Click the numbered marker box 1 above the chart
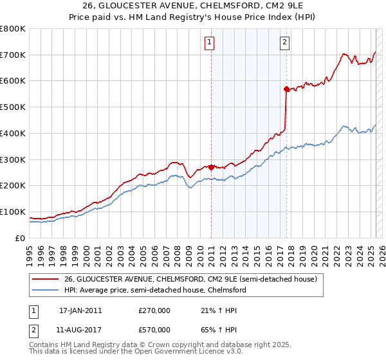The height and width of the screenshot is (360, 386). (210, 43)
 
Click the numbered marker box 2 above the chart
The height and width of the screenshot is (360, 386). (284, 43)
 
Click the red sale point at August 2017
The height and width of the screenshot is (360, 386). (286, 89)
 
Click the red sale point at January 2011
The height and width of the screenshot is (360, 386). (211, 167)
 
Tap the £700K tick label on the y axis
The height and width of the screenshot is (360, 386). (13, 55)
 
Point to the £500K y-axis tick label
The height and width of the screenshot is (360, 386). (13, 107)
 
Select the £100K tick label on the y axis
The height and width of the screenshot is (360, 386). (13, 212)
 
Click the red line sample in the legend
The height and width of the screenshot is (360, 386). (44, 280)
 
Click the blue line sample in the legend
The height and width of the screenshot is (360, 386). (44, 290)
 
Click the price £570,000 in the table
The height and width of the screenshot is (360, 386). (154, 329)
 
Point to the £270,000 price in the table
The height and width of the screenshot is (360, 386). (154, 310)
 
